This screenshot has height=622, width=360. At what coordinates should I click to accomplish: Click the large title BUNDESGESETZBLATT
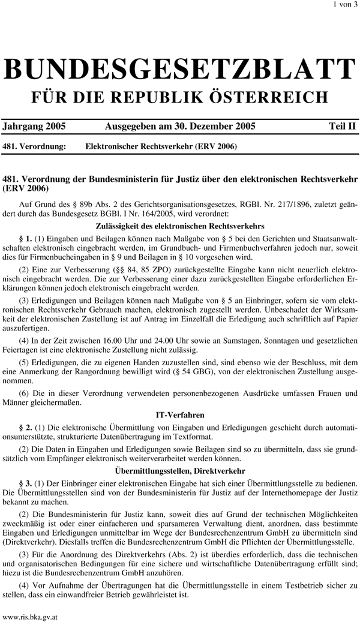pyautogui.click(x=179, y=70)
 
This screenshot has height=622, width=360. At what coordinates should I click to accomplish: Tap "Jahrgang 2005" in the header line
pyautogui.click(x=34, y=127)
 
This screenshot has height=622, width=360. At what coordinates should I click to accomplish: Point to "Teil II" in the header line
pyautogui.click(x=341, y=127)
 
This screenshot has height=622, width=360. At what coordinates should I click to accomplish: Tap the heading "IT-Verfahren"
pyautogui.click(x=180, y=414)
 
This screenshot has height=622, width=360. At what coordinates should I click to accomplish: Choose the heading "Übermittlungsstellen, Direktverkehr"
pyautogui.click(x=180, y=472)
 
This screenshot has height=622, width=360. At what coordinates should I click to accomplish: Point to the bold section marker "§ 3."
pyautogui.click(x=25, y=484)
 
